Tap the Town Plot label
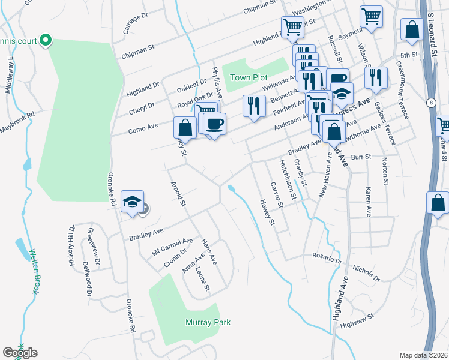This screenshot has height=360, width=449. (249, 77)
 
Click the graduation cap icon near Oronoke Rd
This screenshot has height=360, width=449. (133, 202)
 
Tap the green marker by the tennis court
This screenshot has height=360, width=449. (46, 41)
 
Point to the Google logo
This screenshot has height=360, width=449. (20, 353)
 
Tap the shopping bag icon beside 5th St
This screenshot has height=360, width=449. (412, 31)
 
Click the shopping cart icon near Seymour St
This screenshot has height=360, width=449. (372, 17)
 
